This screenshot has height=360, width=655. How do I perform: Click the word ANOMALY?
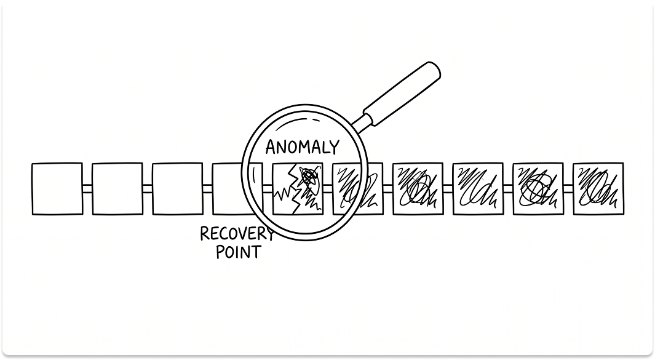click(301, 147)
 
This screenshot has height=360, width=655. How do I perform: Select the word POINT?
click(238, 252)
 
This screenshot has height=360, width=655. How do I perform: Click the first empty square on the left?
click(57, 189)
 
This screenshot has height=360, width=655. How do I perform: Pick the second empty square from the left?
click(117, 189)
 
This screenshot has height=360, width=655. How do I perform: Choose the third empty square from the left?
click(177, 189)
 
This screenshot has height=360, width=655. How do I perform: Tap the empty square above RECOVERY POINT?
click(229, 189)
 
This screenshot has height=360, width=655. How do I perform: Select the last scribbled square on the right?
click(598, 189)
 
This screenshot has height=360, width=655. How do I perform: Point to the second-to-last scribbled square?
click(538, 189)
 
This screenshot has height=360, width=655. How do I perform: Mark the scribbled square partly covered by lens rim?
click(357, 189)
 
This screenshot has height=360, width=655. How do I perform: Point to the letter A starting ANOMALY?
click(270, 148)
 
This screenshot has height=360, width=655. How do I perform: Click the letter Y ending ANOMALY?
click(333, 147)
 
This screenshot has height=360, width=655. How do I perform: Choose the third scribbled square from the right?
click(477, 189)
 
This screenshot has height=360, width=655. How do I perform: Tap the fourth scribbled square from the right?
click(417, 189)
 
